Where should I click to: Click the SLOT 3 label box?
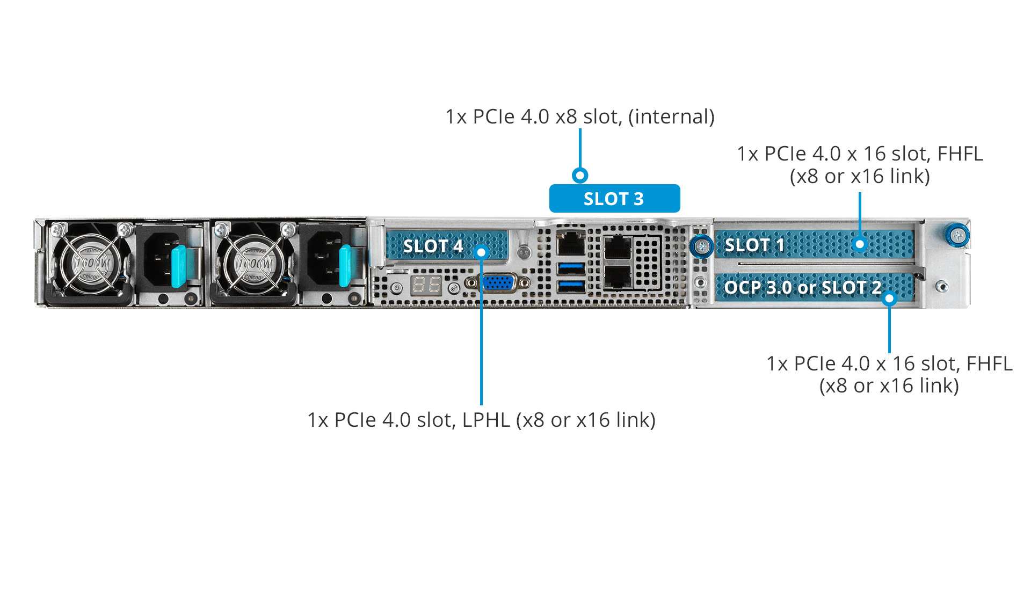pos(614,198)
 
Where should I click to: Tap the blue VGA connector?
pos(498,282)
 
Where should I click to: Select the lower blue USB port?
pos(571,285)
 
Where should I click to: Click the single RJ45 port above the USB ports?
pos(571,243)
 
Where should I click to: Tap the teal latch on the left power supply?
pos(178,266)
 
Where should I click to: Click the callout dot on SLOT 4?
pos(482,252)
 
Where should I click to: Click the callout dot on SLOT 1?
pos(860,244)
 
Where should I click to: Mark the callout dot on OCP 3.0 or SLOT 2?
pos(889,298)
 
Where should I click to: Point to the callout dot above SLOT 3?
pos(580,175)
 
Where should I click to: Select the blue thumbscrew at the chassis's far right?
pos(957,235)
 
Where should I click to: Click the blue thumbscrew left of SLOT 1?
pos(701,246)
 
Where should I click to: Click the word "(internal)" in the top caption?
pos(671,117)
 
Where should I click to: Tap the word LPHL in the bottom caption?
pos(486,420)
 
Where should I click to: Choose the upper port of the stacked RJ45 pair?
pos(618,248)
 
